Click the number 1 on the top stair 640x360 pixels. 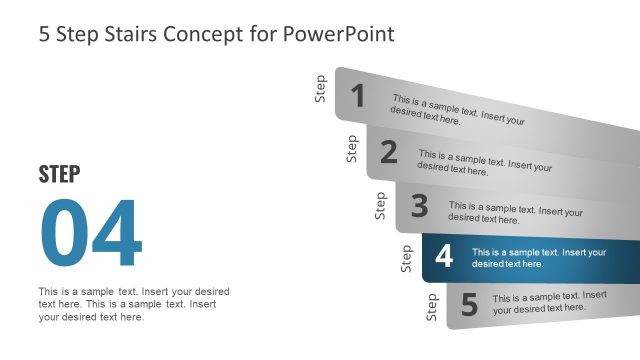[x=358, y=96]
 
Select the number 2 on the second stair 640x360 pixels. [x=389, y=152]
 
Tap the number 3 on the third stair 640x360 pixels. [x=419, y=206]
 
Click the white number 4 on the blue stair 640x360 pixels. [x=444, y=257]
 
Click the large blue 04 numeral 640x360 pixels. [x=91, y=235]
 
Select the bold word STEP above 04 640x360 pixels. [x=59, y=174]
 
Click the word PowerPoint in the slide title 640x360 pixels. [x=340, y=34]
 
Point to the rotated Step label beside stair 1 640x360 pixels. [x=320, y=89]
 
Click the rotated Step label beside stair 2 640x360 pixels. [x=351, y=148]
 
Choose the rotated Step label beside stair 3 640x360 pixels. [x=380, y=205]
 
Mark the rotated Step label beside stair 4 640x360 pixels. [x=406, y=258]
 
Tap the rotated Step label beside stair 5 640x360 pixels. [x=432, y=307]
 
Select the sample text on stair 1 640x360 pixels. [x=458, y=110]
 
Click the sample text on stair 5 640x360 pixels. [x=549, y=302]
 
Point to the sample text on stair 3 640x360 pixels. [x=515, y=213]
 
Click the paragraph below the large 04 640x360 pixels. [x=133, y=304]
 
